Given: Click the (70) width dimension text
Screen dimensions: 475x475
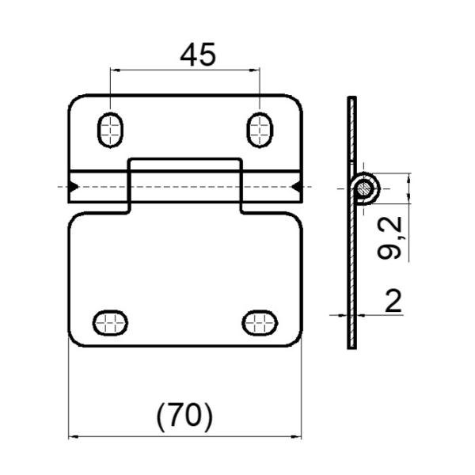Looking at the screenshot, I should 184,416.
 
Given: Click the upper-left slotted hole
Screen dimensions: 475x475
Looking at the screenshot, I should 110,129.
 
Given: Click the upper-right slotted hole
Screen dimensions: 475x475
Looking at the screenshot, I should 259,129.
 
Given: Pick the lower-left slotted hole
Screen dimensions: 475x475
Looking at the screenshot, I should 110,322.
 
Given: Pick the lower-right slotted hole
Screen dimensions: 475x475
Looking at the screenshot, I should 259,322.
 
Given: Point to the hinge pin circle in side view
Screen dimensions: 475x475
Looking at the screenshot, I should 365,188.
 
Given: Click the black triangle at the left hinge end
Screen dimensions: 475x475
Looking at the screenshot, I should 73,187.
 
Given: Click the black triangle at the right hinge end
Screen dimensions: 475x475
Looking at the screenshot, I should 296,187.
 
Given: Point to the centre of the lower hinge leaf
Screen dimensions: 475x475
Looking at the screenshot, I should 185,281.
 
